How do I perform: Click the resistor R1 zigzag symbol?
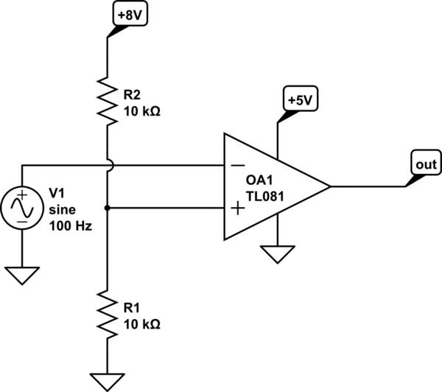click(x=108, y=314)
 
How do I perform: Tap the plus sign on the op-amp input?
click(x=238, y=209)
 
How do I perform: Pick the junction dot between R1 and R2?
click(x=108, y=209)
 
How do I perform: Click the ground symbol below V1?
click(x=22, y=275)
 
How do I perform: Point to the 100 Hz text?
click(x=70, y=226)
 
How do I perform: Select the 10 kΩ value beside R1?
click(x=143, y=324)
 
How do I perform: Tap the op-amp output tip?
click(x=329, y=186)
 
